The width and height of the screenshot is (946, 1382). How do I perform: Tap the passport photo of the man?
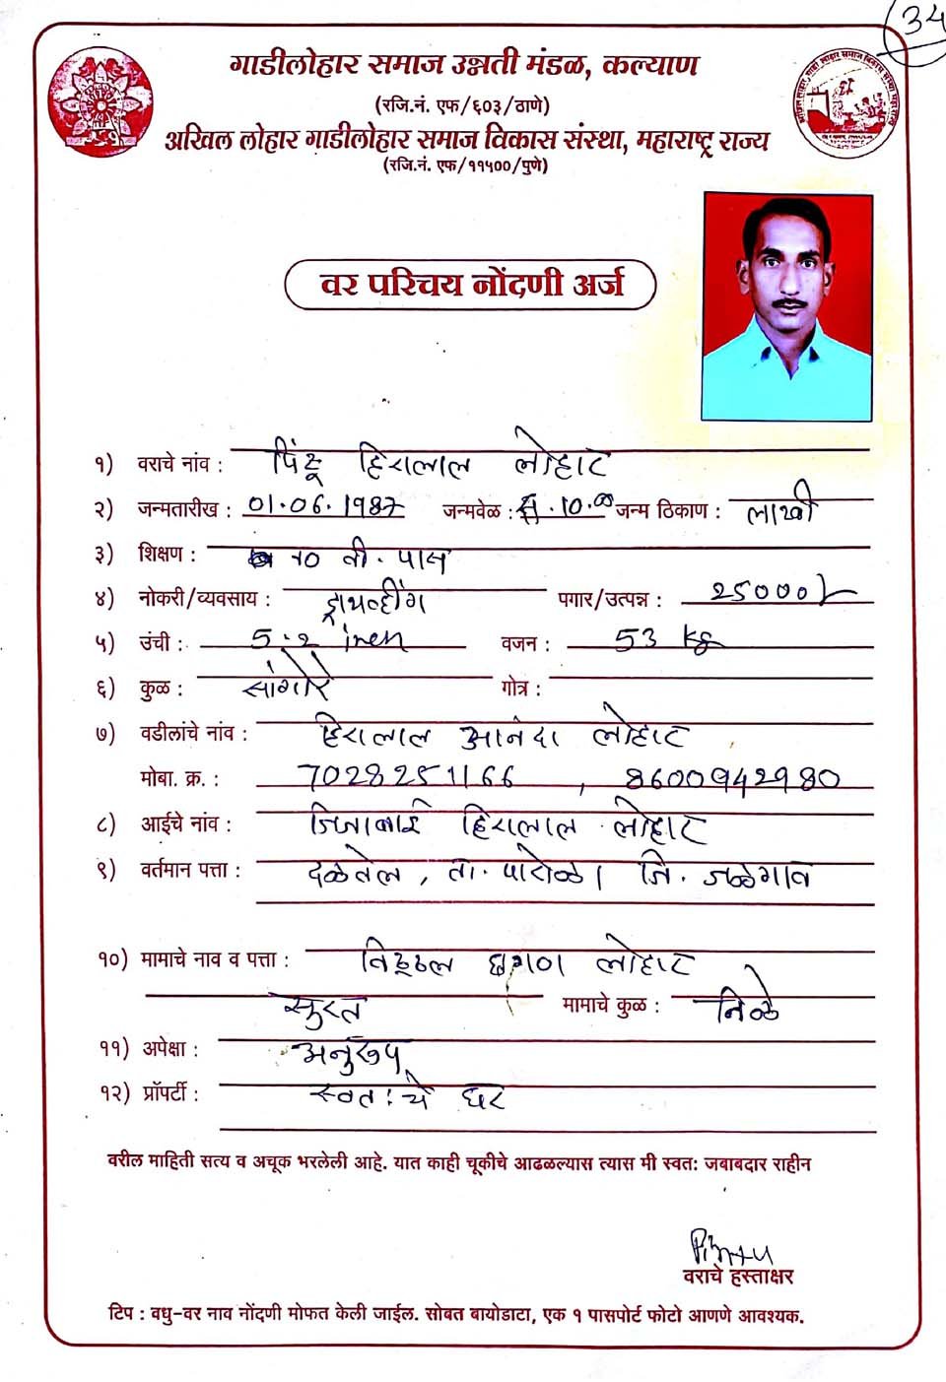pyautogui.click(x=787, y=306)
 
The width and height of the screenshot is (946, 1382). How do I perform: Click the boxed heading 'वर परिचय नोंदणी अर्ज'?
pyautogui.click(x=470, y=285)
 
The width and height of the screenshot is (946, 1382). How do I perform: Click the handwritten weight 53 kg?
pyautogui.click(x=667, y=641)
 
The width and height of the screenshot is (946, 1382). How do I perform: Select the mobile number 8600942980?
pyautogui.click(x=732, y=779)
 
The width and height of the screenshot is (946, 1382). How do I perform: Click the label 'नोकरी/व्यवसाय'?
pyautogui.click(x=202, y=598)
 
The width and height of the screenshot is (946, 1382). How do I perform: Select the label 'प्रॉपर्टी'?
pyautogui.click(x=168, y=1093)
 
